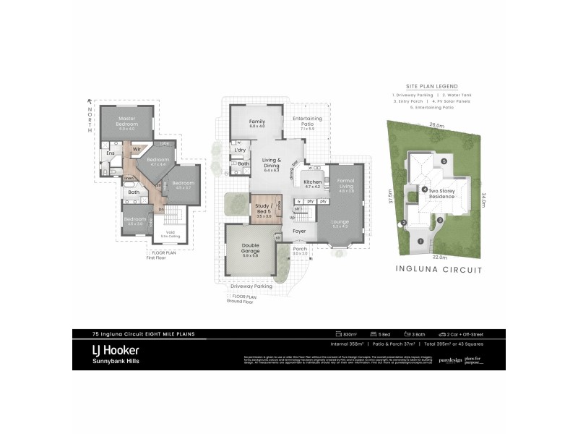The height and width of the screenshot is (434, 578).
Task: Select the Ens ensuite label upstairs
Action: (111, 153)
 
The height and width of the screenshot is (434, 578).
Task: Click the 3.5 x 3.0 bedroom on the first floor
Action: (136, 220)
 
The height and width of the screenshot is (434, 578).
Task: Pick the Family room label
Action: (257, 122)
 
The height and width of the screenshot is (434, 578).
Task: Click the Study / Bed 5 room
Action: (263, 209)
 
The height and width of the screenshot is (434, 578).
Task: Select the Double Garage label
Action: (251, 250)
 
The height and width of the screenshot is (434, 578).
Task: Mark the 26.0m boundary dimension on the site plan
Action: (436, 125)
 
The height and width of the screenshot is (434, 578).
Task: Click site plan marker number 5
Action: (445, 161)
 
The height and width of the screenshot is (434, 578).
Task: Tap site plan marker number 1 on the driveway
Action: (420, 241)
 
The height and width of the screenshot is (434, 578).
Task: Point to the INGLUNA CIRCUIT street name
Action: (438, 269)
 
